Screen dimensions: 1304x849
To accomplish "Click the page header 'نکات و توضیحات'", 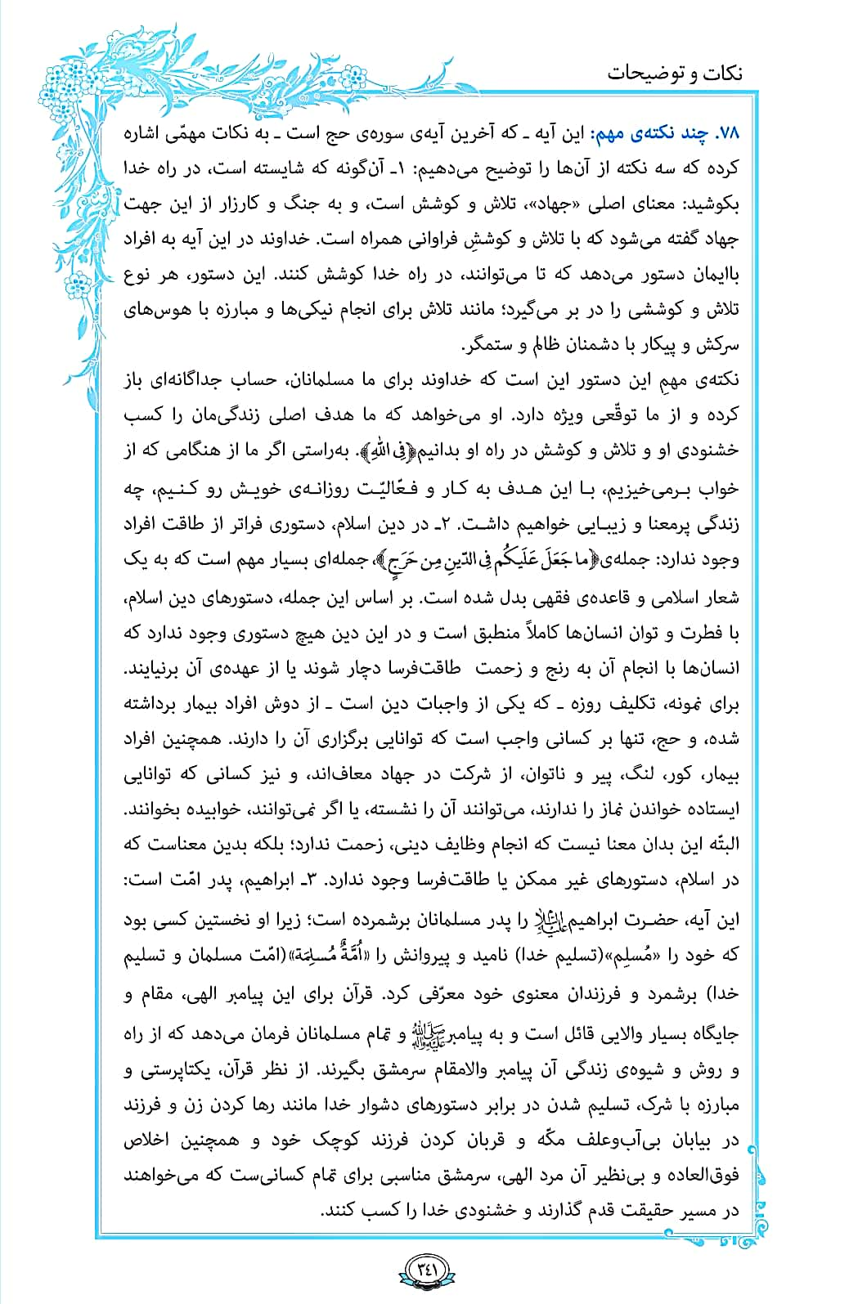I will tap(675, 73).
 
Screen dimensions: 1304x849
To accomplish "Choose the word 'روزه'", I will tap(573, 703).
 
